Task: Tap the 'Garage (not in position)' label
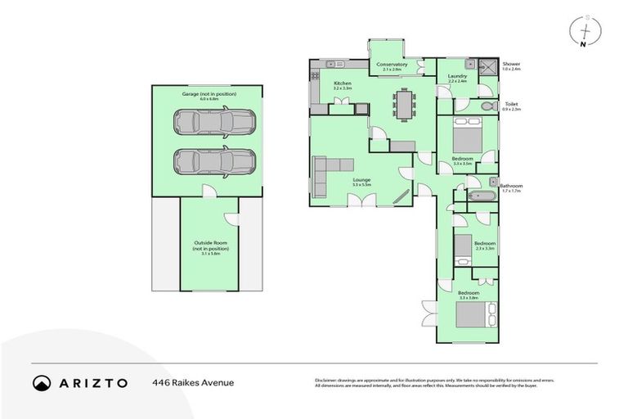209,94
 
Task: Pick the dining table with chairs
404,104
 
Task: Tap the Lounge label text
361,180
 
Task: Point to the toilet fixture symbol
487,106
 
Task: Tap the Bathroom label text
511,186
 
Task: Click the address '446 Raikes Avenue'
192,382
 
